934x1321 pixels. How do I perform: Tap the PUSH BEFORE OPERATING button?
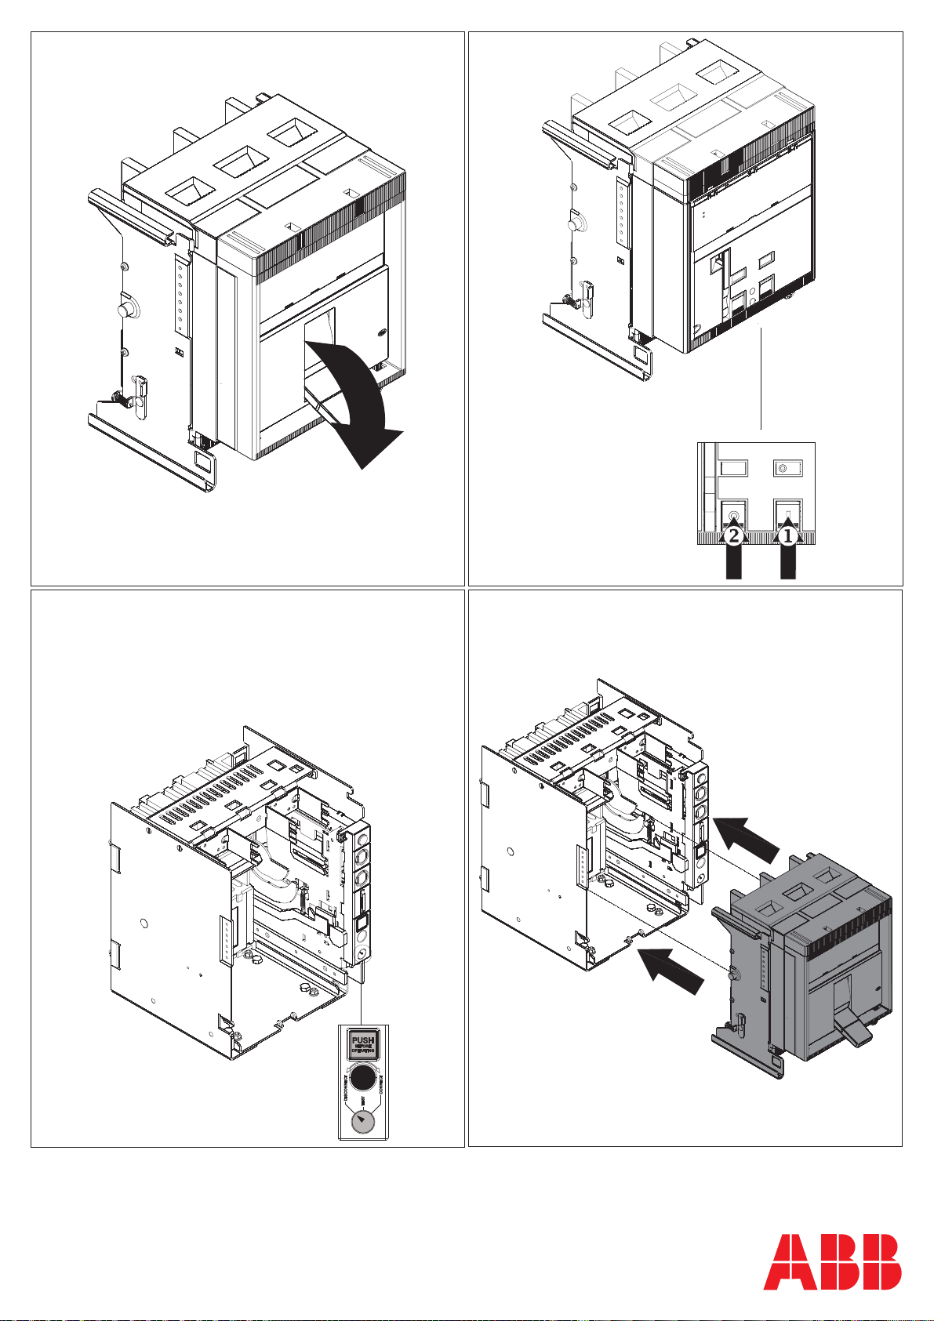click(362, 1043)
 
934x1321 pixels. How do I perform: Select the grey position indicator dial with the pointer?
click(362, 1123)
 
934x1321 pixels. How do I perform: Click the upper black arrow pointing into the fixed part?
click(749, 840)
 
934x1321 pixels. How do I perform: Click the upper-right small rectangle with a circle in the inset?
click(785, 468)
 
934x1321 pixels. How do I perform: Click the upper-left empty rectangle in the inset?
click(732, 468)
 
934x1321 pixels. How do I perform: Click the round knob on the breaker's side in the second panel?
click(576, 223)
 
